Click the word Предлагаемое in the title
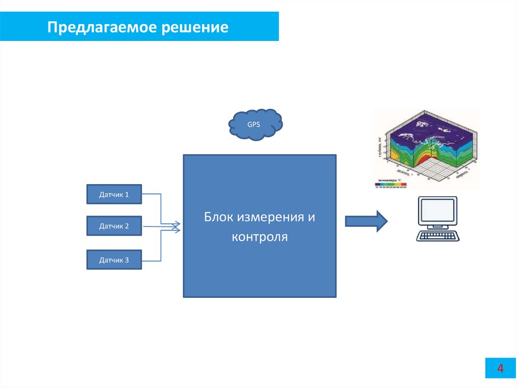click(102, 27)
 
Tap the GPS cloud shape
click(255, 124)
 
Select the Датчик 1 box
click(114, 194)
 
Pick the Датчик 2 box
click(114, 226)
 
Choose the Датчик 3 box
click(114, 260)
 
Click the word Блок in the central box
click(219, 218)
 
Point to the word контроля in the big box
click(260, 237)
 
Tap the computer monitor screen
click(437, 211)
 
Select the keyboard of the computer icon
click(437, 236)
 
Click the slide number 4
click(500, 368)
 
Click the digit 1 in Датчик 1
click(127, 194)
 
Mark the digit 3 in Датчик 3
click(127, 260)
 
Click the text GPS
click(253, 124)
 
